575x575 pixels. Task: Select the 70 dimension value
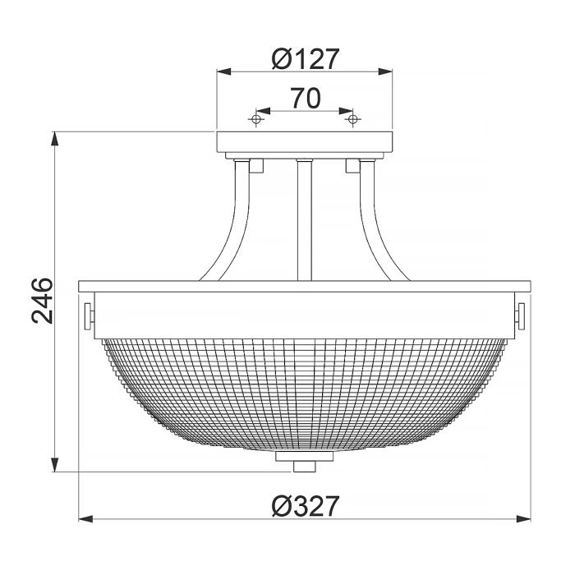coord(305,99)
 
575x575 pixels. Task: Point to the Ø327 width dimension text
coord(305,507)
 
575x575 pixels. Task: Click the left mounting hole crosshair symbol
coord(256,120)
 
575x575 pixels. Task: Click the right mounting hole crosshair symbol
coord(354,120)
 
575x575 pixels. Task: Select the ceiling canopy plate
coord(305,143)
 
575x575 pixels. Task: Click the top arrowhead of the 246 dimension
coord(55,138)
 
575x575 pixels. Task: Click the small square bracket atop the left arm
coord(255,165)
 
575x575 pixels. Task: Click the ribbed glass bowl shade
coord(305,386)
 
